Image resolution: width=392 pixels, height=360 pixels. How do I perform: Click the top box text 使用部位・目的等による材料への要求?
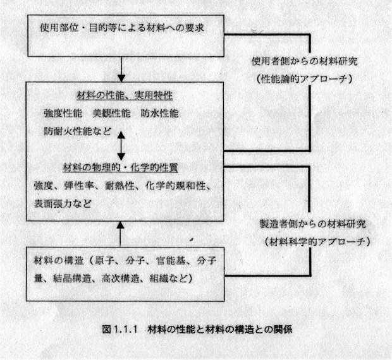pos(122,28)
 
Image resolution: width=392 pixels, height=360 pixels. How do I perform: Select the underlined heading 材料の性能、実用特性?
pos(125,95)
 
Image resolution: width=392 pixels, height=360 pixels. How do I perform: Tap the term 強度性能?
pos(63,113)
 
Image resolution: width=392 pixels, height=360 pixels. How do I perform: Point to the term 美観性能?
pos(111,113)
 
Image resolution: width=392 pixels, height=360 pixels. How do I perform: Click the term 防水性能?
pos(159,113)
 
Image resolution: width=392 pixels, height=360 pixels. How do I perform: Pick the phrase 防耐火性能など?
pos(78,131)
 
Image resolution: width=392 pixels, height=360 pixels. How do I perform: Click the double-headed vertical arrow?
pos(121,146)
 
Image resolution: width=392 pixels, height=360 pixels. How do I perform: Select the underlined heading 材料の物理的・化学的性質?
pos(120,167)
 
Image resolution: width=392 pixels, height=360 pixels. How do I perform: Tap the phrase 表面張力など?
pos(63,204)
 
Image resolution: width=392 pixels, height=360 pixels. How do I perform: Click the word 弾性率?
pos(79,186)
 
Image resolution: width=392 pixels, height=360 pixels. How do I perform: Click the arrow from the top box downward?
pos(121,69)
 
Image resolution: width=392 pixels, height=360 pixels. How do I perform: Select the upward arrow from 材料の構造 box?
pos(121,234)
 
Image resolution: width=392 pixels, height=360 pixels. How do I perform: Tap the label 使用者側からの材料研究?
pos(305,61)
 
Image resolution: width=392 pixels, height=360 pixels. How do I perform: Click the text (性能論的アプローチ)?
pos(305,79)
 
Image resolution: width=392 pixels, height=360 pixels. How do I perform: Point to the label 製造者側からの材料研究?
pos(313,224)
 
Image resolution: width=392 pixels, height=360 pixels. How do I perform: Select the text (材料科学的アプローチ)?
pos(317,242)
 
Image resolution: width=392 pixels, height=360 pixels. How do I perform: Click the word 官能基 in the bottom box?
pos(171,261)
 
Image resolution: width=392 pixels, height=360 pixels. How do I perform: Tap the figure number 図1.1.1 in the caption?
pos(120,330)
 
